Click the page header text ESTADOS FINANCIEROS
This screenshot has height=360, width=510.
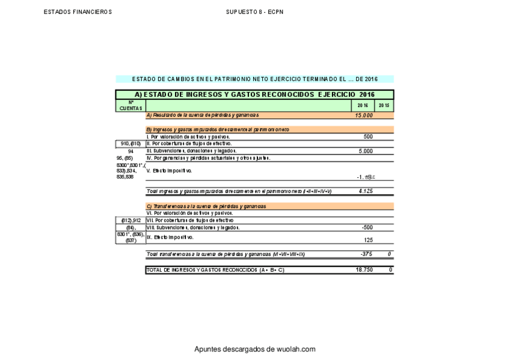(x=78, y=12)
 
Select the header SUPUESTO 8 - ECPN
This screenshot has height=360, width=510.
(x=254, y=12)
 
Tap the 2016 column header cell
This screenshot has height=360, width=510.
(x=362, y=105)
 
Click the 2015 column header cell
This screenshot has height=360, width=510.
(x=384, y=105)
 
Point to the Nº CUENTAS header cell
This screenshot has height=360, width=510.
(x=131, y=105)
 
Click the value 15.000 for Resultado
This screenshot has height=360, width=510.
(x=364, y=115)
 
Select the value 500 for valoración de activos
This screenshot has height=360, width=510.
(x=368, y=136)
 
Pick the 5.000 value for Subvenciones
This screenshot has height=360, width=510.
(x=366, y=151)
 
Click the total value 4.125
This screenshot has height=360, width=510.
(x=366, y=191)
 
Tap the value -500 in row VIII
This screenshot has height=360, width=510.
(x=367, y=227)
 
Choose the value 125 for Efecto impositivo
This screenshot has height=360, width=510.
(x=368, y=239)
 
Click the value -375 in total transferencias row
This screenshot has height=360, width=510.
(x=366, y=254)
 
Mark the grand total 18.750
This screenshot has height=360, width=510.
(x=364, y=270)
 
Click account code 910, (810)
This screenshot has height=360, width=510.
(x=131, y=144)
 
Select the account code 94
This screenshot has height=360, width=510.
(x=131, y=151)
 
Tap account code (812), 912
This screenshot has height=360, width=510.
(x=131, y=220)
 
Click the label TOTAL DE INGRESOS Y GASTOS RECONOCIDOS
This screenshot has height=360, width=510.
(x=215, y=270)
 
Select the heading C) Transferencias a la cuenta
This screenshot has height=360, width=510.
(x=206, y=206)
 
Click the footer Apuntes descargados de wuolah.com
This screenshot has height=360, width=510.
(x=254, y=349)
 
